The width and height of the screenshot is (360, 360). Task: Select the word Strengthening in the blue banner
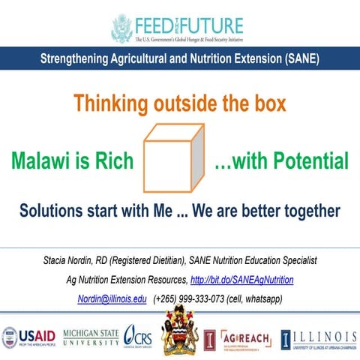(x=80, y=58)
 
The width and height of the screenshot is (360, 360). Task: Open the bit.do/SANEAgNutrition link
(x=242, y=280)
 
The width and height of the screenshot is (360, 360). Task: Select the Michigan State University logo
(x=91, y=337)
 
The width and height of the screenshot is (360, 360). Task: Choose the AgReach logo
(x=246, y=337)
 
